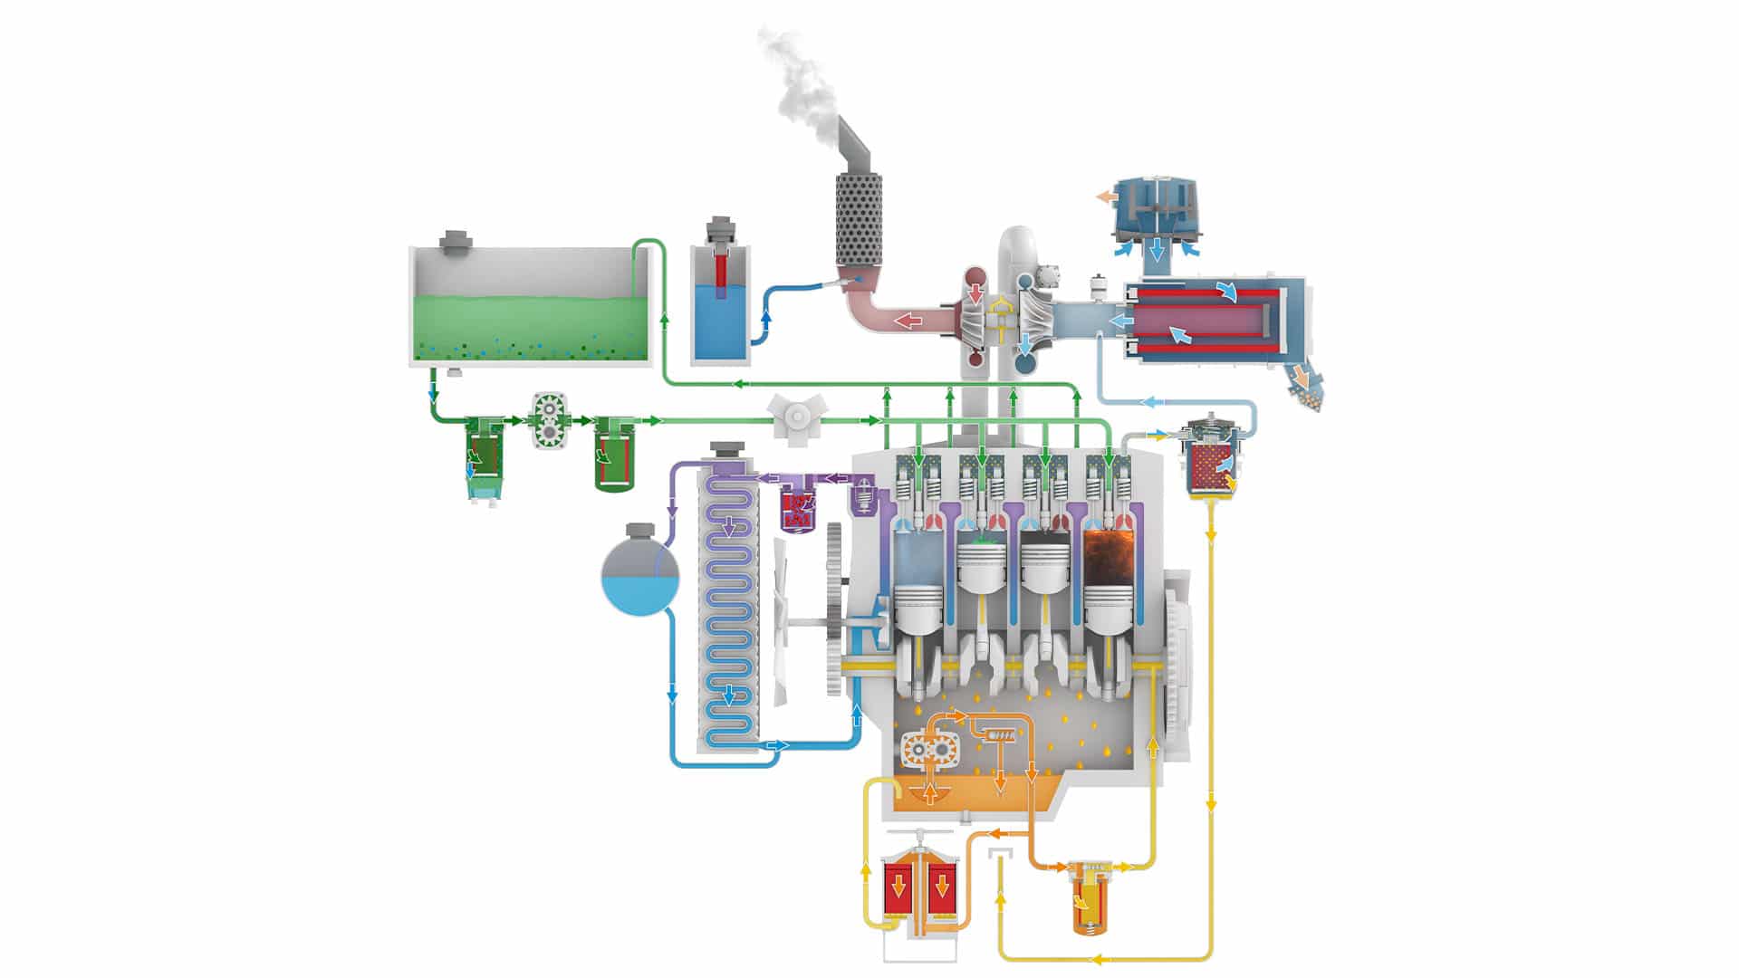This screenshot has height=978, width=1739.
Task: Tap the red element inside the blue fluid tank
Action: click(x=721, y=272)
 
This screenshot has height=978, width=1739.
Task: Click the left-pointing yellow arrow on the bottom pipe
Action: click(x=1098, y=959)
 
